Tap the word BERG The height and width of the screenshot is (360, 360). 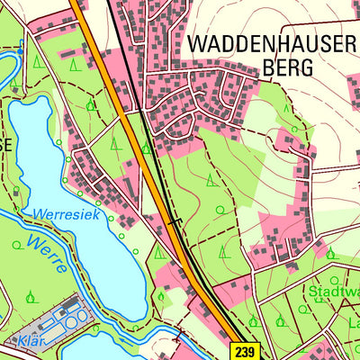[286, 67]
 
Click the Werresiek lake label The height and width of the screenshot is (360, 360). [65, 215]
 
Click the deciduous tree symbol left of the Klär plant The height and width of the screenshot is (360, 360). [31, 295]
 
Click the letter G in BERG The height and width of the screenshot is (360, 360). [305, 67]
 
